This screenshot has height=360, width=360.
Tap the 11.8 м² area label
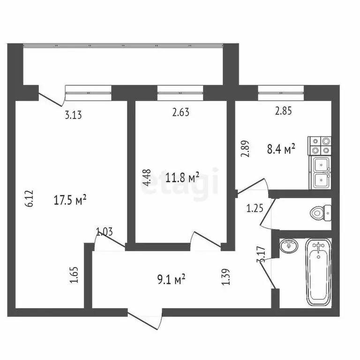tap(183, 177)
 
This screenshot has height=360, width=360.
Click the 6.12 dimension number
tap(29, 198)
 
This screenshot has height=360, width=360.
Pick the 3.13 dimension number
tap(73, 115)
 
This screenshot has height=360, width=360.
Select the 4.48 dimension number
tap(147, 178)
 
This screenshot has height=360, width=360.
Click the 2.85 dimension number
tap(284, 112)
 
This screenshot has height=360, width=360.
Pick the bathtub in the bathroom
tap(319, 272)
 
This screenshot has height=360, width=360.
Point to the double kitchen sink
tap(321, 172)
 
